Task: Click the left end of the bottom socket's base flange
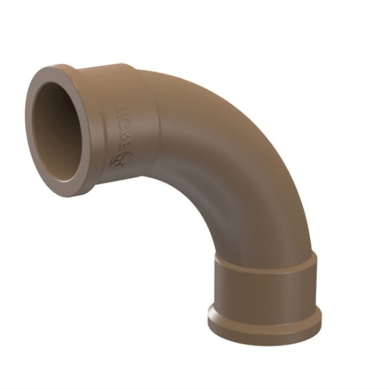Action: (209, 318)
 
